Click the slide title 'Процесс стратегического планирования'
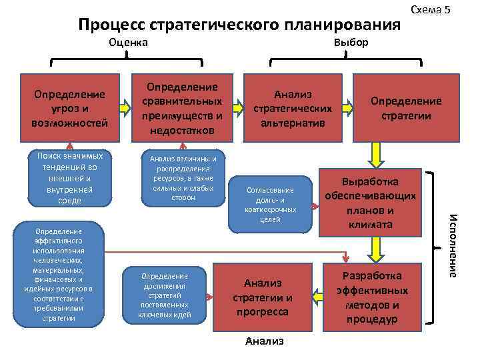(239, 25)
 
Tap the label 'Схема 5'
(431, 9)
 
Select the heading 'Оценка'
(129, 43)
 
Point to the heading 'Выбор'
(351, 43)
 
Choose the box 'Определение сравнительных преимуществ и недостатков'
(183, 107)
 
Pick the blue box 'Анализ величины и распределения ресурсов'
(183, 177)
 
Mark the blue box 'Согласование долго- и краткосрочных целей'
(270, 204)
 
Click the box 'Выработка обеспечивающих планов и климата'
(370, 203)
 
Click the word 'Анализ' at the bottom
(265, 341)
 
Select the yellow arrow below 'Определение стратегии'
(376, 155)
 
